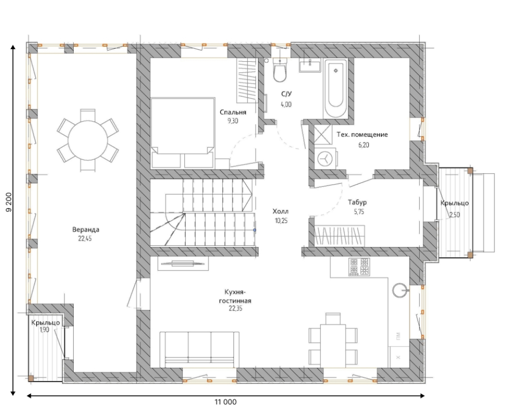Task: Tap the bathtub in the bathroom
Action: point(335,89)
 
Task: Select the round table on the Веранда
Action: point(88,141)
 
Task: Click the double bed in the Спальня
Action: point(183,133)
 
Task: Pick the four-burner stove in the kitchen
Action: point(359,267)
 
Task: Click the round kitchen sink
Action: point(400,291)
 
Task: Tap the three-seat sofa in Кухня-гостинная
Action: point(199,350)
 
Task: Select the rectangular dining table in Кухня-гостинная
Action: point(333,346)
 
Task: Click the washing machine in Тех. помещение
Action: point(325,158)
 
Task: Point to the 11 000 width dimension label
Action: point(226,402)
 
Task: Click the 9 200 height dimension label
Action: point(9,202)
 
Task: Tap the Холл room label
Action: point(280,211)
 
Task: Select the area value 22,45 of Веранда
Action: point(85,238)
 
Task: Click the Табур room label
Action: point(358,202)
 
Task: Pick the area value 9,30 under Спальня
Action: point(233,121)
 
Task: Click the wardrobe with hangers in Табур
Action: point(339,235)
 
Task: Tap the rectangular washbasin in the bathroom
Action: point(310,65)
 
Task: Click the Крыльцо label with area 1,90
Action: point(45,322)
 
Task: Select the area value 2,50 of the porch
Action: point(455,215)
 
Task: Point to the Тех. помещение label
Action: point(362,135)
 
